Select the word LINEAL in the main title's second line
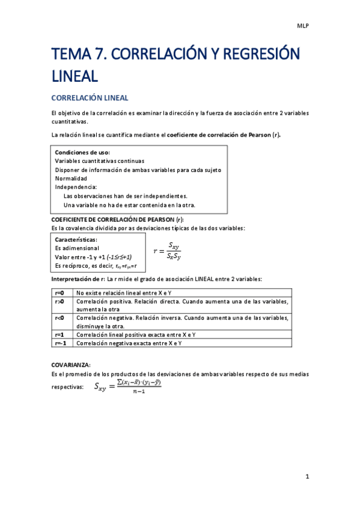[75, 76]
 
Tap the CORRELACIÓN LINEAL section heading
[90, 97]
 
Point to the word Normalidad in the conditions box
[71, 179]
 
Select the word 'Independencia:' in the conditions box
[76, 187]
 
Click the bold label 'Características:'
[76, 239]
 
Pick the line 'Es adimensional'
[77, 248]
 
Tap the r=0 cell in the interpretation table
[59, 292]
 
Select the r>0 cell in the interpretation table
[59, 301]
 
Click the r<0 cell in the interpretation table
[59, 318]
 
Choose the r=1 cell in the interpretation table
[59, 334]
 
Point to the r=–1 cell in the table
[60, 343]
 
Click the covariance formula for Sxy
[128, 387]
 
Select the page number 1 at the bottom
[307, 477]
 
